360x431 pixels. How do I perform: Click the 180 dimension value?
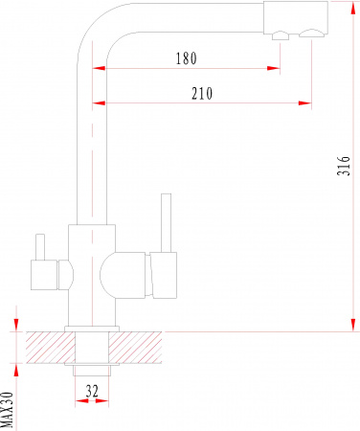point(187,58)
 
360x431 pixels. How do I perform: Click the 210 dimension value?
point(202,93)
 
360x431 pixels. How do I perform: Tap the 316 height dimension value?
point(344,166)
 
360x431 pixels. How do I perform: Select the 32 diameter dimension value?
point(92,391)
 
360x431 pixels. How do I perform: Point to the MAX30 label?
point(7,410)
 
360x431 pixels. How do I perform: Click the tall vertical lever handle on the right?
point(166,223)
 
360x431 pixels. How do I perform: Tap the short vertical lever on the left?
point(40,247)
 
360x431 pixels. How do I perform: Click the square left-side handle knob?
point(44,275)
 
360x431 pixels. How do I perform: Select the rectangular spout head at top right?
point(296,17)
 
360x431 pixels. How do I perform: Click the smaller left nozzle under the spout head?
point(281,35)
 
